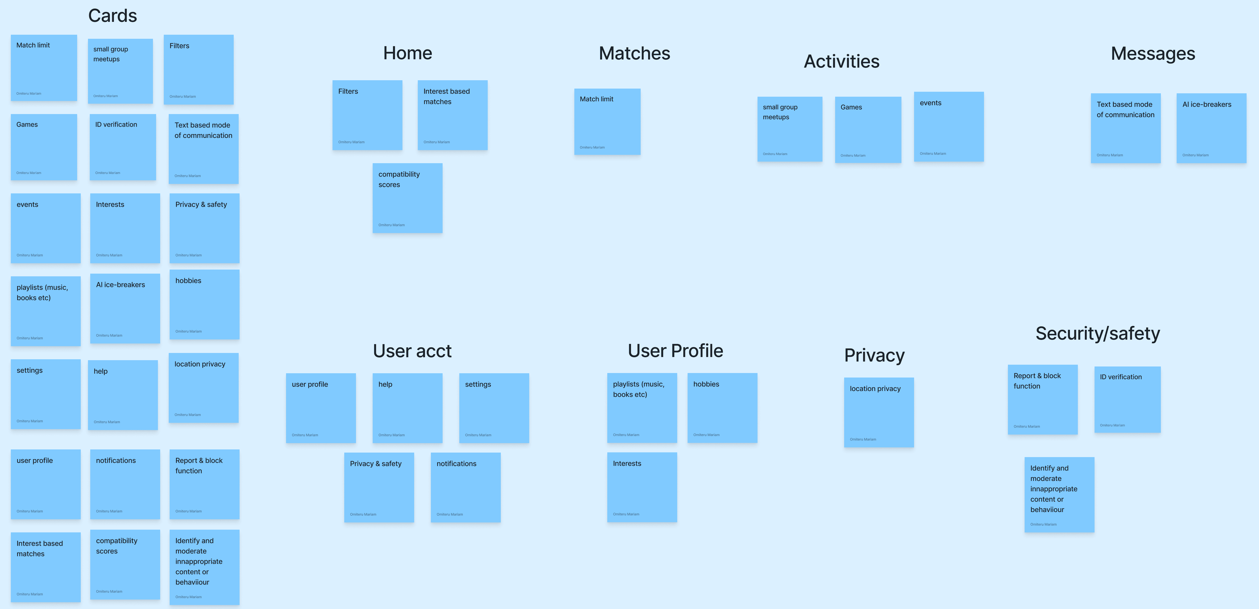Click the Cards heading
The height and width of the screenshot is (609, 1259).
coord(112,16)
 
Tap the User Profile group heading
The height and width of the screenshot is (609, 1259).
coord(675,351)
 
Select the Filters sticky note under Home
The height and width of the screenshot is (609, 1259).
coord(367,115)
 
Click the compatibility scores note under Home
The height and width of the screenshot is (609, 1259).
coord(407,198)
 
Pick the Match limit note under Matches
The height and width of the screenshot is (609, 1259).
coord(607,122)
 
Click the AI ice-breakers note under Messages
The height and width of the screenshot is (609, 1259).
coord(1211,128)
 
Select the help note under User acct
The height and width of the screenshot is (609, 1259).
coord(407,408)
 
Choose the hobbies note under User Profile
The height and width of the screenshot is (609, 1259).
coord(722,408)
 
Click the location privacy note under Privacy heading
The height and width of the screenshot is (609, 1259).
coord(878,412)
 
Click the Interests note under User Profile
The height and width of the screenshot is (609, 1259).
coord(642,487)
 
